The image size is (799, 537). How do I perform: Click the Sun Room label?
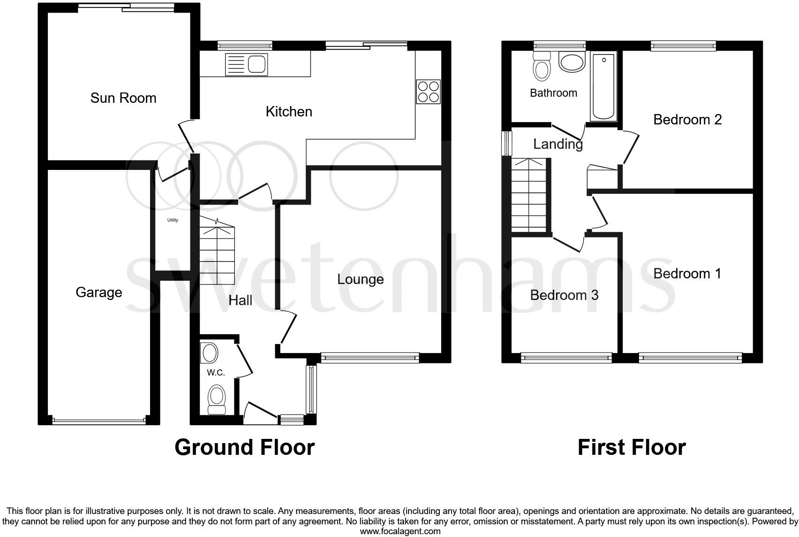click(x=123, y=98)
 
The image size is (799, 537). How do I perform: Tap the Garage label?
click(x=99, y=292)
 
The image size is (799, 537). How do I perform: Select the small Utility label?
click(x=173, y=220)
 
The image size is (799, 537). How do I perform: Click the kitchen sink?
click(x=246, y=64)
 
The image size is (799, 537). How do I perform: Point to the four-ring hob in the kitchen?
click(x=428, y=92)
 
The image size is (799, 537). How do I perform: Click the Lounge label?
click(x=361, y=279)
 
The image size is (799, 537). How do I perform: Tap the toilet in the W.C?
click(x=216, y=399)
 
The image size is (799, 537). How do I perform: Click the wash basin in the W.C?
click(x=209, y=353)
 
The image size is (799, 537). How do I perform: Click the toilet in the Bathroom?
click(x=542, y=67)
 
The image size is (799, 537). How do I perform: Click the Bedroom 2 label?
click(x=687, y=120)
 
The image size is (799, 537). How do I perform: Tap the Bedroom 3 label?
click(x=564, y=295)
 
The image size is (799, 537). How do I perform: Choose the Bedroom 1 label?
click(x=687, y=274)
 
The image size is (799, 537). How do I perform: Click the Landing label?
click(x=558, y=144)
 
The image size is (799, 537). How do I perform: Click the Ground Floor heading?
click(x=244, y=447)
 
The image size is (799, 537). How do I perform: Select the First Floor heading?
click(x=632, y=447)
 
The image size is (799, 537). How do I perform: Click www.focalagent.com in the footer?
click(x=400, y=531)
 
